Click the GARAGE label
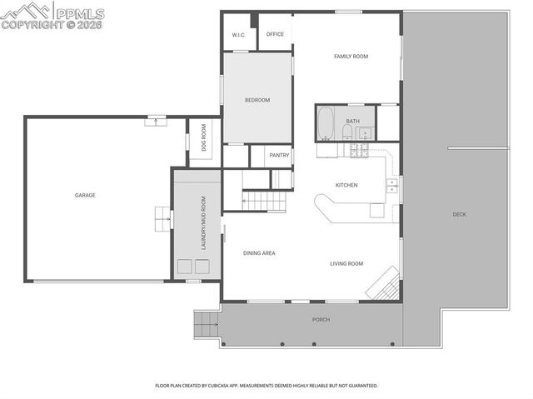pos(85,195)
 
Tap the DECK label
pos(459,214)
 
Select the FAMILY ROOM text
pos(351,57)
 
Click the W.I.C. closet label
pos(237,35)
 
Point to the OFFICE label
pos(275,34)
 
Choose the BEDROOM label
pos(257,100)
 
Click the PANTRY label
pos(279,155)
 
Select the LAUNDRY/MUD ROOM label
pos(202,223)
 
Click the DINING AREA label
pos(259,252)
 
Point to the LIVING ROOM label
pos(346,263)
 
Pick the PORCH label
pos(321,319)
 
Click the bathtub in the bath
pos(326,124)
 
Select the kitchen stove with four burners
pos(361,151)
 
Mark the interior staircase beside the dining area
pos(262,199)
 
